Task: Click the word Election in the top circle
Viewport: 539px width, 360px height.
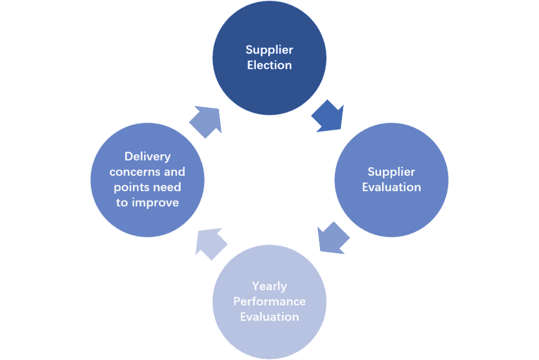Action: [x=269, y=65]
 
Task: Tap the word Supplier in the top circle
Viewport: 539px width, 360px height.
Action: [x=269, y=50]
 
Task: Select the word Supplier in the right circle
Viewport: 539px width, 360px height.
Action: [x=392, y=172]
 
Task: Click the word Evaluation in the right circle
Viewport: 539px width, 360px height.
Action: [x=392, y=187]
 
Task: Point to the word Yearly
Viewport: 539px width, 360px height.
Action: [x=269, y=286]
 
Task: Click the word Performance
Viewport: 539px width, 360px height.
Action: [x=269, y=302]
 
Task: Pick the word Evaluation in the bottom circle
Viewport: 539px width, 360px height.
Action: [x=269, y=317]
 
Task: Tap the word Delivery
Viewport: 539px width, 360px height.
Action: [x=147, y=156]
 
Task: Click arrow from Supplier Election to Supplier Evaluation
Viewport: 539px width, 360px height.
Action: [x=327, y=117]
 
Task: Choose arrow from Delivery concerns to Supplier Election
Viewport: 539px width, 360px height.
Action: [x=205, y=122]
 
